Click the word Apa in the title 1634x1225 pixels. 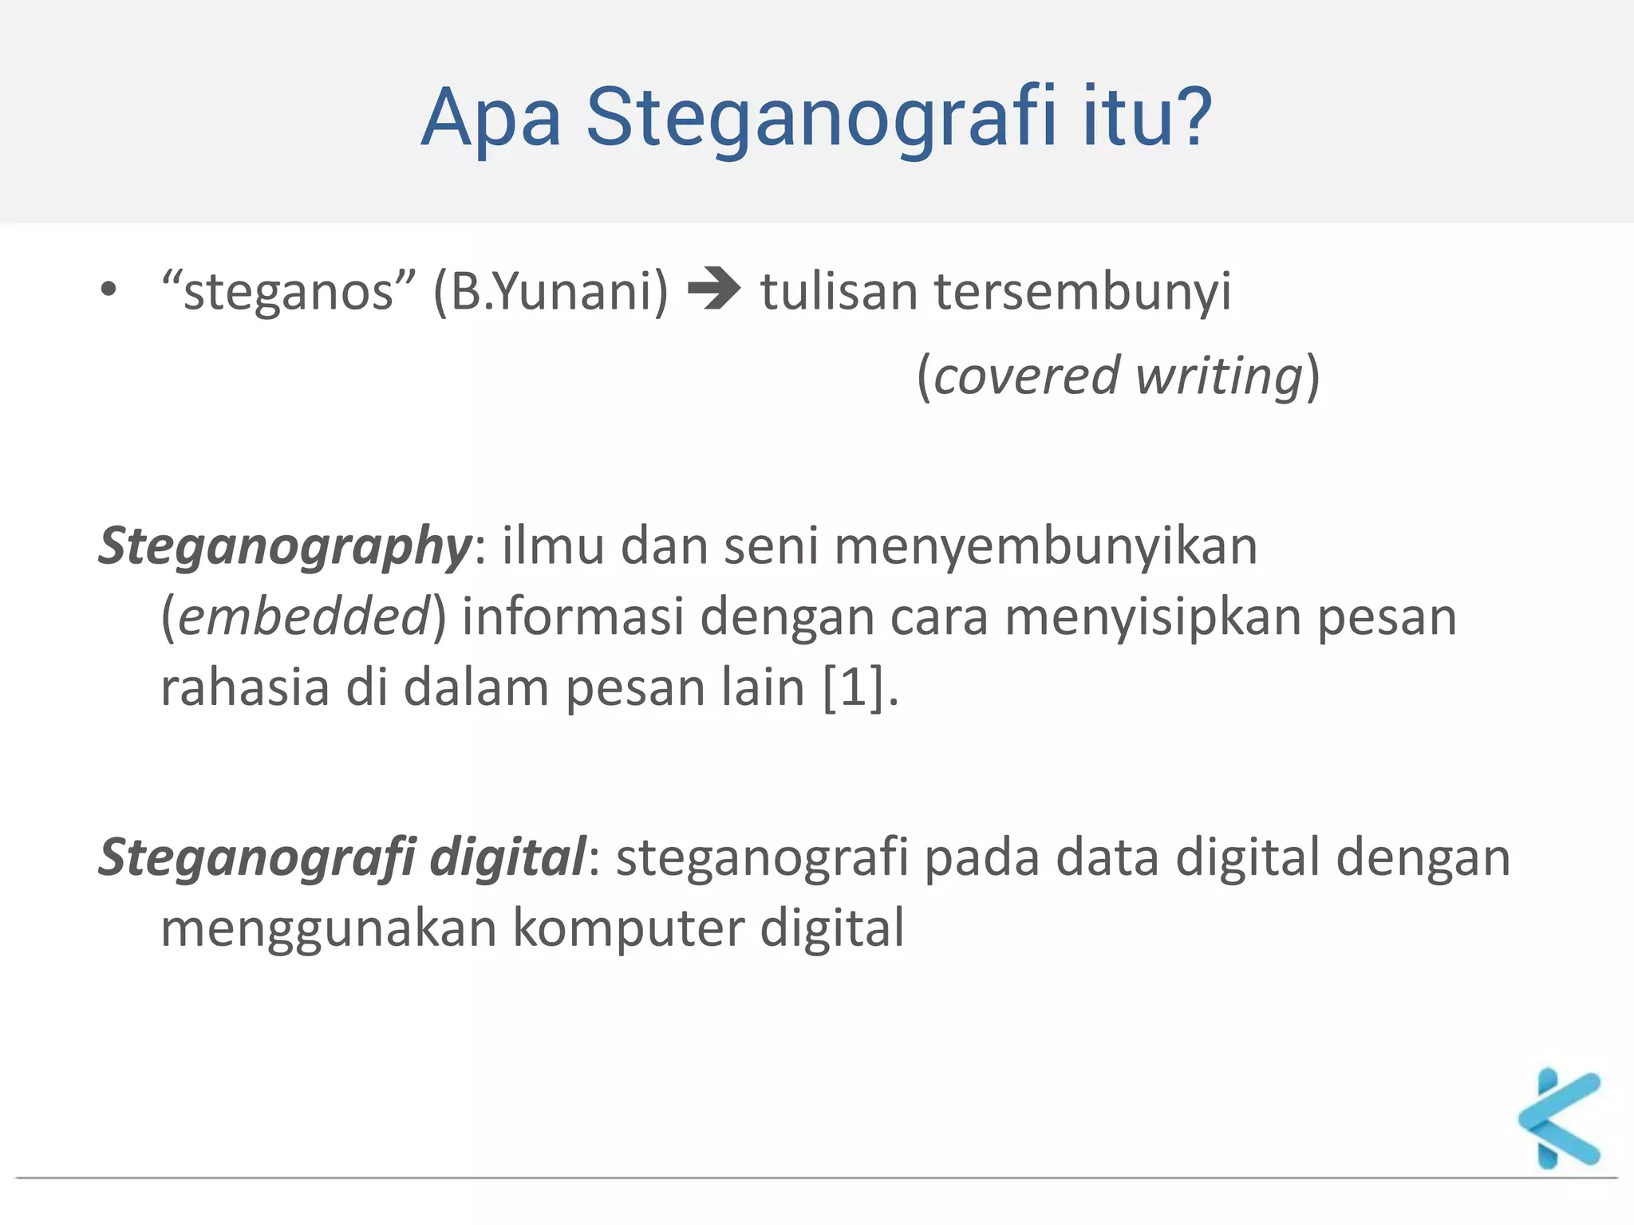(491, 120)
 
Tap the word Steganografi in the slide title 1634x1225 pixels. (822, 120)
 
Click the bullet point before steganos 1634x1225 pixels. (109, 289)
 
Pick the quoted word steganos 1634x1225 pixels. (289, 292)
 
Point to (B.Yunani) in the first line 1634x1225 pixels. (551, 292)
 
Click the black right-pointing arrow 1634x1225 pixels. (714, 289)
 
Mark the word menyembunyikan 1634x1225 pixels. (1046, 547)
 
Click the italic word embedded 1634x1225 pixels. (304, 617)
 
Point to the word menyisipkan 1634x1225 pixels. (1153, 619)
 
